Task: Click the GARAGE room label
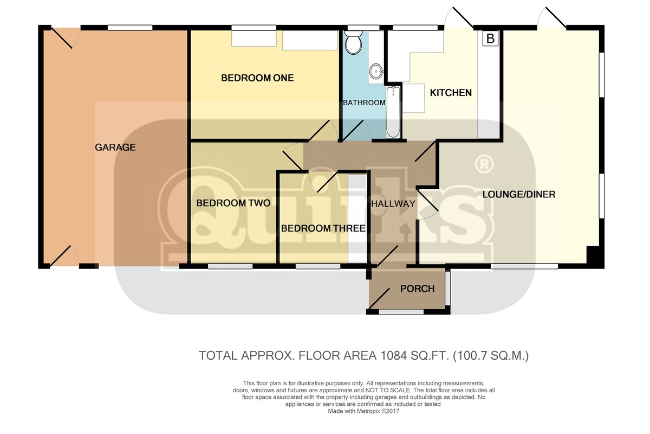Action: click(x=115, y=148)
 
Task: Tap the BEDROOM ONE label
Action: click(x=257, y=78)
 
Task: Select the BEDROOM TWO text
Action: click(x=233, y=203)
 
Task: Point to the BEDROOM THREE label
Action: click(x=323, y=228)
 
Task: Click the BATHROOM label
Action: click(x=364, y=103)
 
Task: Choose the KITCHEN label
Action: click(x=451, y=93)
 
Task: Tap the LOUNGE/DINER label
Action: click(x=519, y=194)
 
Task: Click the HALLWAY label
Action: click(x=393, y=204)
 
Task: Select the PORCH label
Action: click(x=417, y=289)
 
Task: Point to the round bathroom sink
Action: click(x=376, y=71)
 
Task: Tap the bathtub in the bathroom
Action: click(x=393, y=112)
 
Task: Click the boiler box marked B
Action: click(x=490, y=39)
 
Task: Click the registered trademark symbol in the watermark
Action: click(x=484, y=164)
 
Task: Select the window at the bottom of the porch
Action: click(x=401, y=312)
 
